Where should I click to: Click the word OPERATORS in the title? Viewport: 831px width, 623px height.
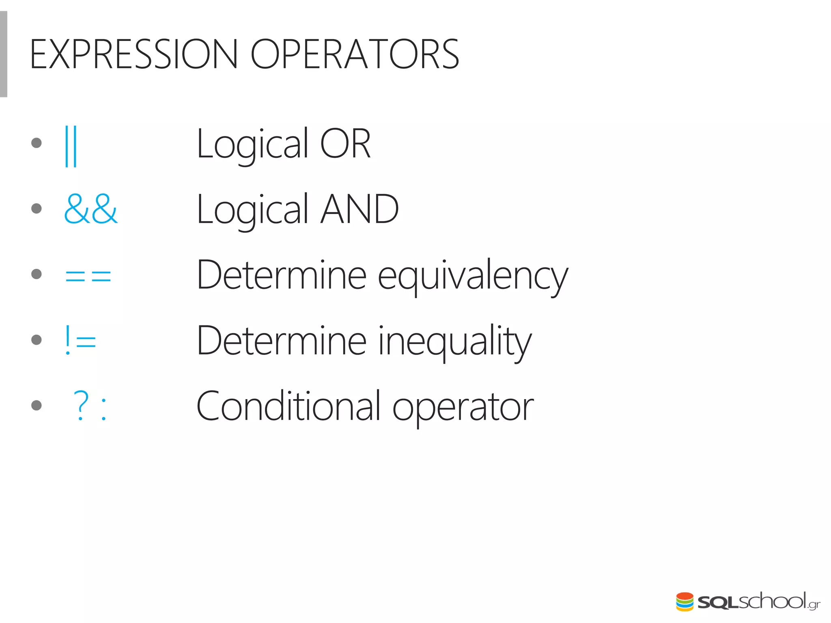[x=355, y=54]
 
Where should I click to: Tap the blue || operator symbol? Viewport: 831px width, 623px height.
[x=71, y=146]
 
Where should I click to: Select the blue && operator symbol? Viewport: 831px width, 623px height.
[x=91, y=209]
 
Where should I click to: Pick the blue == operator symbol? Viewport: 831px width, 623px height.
[x=88, y=276]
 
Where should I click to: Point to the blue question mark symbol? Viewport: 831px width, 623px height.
[x=81, y=405]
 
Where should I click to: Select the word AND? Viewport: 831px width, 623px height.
[x=360, y=209]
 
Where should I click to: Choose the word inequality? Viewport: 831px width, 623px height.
[x=454, y=342]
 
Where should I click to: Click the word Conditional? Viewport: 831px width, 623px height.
[x=288, y=406]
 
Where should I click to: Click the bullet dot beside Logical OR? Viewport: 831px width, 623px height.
[x=37, y=143]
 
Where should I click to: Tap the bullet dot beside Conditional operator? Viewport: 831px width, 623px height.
[x=37, y=405]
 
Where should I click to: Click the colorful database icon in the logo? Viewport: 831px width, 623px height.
[x=685, y=602]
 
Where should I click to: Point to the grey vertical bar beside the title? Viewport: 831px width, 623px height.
[x=3, y=54]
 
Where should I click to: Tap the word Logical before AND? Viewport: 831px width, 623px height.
[x=252, y=210]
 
